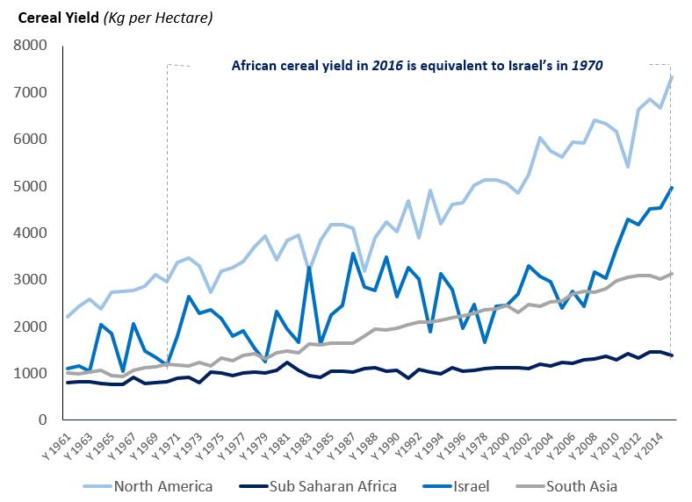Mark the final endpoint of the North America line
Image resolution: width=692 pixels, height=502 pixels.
(x=671, y=76)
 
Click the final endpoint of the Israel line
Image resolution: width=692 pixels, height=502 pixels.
(x=671, y=187)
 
